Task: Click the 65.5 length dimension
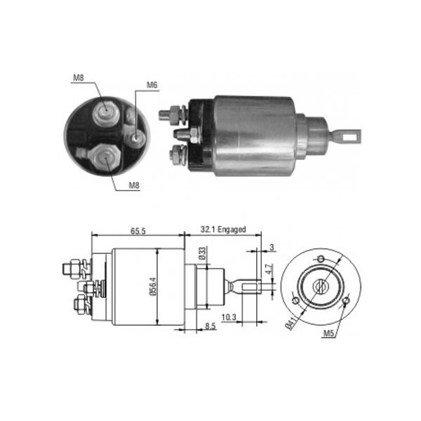(x=138, y=231)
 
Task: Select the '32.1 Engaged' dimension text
(x=223, y=229)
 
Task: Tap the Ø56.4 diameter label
(x=153, y=286)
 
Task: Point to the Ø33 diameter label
(x=202, y=253)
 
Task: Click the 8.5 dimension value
(x=210, y=326)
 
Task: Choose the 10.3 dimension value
(x=229, y=317)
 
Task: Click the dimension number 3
(x=272, y=247)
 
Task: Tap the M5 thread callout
(x=328, y=333)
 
